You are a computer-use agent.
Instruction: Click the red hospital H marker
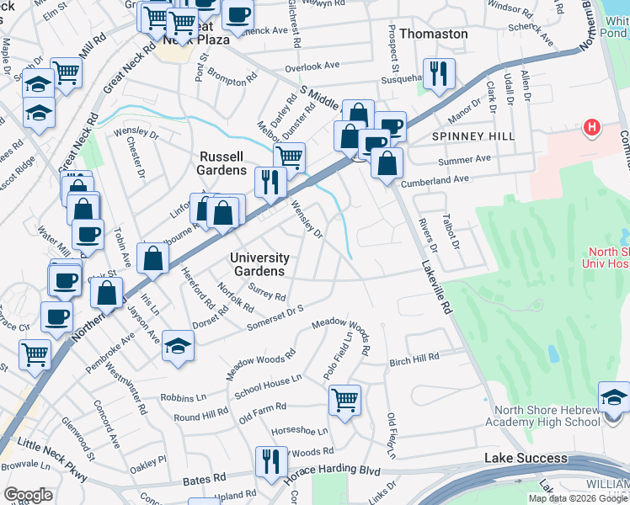click(592, 128)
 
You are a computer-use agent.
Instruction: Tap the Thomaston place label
click(433, 34)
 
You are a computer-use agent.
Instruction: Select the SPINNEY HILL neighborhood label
click(467, 136)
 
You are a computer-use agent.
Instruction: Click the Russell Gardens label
click(222, 162)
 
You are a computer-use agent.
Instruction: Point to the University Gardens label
click(261, 264)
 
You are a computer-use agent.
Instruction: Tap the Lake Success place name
click(526, 457)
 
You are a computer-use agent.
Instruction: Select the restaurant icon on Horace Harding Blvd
click(271, 461)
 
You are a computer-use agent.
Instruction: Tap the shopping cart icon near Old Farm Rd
click(344, 399)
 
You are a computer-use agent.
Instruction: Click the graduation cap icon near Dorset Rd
click(178, 345)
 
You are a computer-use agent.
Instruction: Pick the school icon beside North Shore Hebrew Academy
click(614, 396)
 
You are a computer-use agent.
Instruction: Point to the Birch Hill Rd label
click(414, 359)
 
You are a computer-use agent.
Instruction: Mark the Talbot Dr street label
click(456, 230)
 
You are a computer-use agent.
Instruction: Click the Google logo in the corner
click(28, 495)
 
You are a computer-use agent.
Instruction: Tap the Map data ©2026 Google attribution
click(579, 498)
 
